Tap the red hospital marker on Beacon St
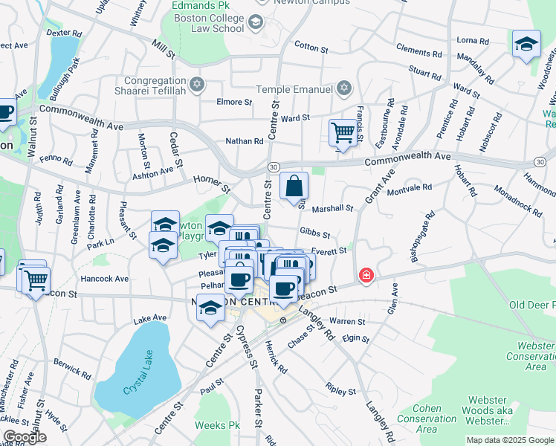tap(366, 276)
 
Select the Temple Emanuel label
tap(294, 90)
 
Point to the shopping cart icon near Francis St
tap(343, 133)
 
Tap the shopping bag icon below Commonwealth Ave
tap(294, 185)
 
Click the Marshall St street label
tap(332, 209)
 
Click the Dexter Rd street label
tap(65, 33)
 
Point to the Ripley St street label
tap(340, 389)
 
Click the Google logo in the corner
tap(25, 437)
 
